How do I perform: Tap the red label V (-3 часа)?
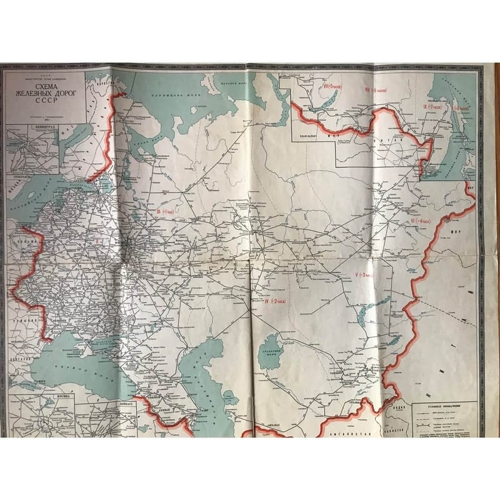pyautogui.click(x=363, y=274)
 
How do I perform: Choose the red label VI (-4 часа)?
pyautogui.click(x=421, y=221)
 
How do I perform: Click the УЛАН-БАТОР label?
pyautogui.click(x=311, y=134)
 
